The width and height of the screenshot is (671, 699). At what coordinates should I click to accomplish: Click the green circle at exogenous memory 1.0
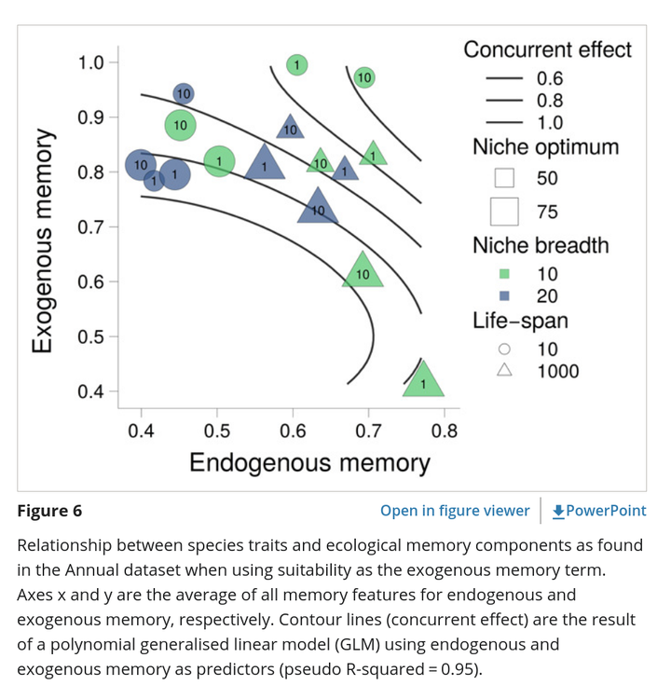click(297, 65)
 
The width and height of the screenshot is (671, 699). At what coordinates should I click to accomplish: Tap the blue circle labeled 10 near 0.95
click(184, 93)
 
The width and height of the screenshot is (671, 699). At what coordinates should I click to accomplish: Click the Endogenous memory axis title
click(309, 462)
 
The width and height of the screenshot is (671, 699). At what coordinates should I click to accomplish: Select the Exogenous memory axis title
click(44, 240)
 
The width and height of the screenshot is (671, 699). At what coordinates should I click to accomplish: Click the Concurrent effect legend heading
click(547, 49)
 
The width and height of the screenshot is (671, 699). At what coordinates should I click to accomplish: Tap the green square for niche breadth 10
click(504, 274)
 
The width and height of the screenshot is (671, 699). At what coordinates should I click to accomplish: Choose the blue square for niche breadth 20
click(504, 295)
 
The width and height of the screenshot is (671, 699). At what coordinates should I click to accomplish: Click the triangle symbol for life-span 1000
click(504, 370)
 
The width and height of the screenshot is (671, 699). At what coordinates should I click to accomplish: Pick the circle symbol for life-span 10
click(504, 349)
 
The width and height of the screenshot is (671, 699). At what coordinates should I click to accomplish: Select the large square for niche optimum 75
click(504, 212)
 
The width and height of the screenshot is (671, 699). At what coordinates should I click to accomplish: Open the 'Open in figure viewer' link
click(455, 511)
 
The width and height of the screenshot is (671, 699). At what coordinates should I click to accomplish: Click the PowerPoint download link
click(599, 511)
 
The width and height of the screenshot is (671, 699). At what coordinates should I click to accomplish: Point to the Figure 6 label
click(49, 511)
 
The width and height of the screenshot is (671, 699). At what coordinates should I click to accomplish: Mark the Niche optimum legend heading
click(546, 147)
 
